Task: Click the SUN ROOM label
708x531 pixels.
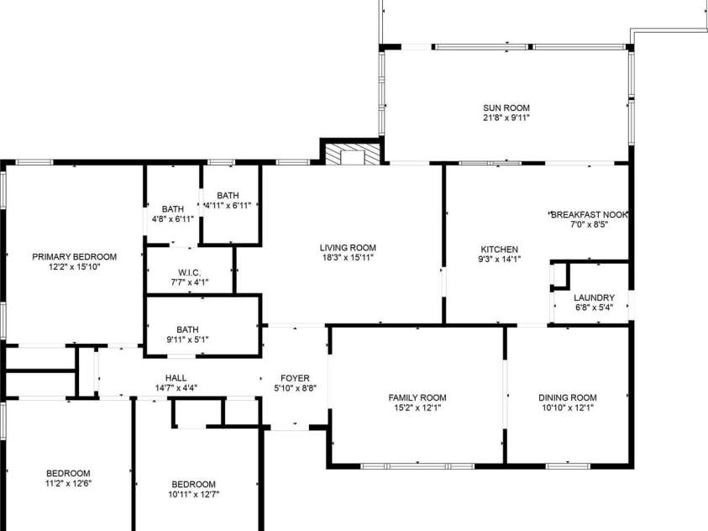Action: point(506,108)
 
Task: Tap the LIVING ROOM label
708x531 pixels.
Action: point(348,248)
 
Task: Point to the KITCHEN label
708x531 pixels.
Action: point(500,250)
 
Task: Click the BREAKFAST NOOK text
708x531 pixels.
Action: point(590,214)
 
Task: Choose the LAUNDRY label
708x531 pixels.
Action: point(595,297)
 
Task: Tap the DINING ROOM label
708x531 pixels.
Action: point(568,397)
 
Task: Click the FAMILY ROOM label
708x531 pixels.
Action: point(417,397)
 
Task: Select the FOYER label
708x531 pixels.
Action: point(295,378)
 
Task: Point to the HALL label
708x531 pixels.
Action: point(176,378)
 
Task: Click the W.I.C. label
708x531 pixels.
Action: point(189,273)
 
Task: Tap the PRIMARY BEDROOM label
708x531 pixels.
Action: point(75,257)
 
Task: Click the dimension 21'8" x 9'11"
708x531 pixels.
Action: point(506,118)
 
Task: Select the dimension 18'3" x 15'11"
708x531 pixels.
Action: point(348,258)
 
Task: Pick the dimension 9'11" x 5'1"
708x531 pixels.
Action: point(187,339)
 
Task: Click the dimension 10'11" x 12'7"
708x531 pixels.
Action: point(194,494)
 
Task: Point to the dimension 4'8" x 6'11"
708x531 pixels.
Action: point(173,219)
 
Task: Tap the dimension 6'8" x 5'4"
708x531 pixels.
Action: point(595,308)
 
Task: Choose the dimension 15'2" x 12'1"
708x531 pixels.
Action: point(417,407)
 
